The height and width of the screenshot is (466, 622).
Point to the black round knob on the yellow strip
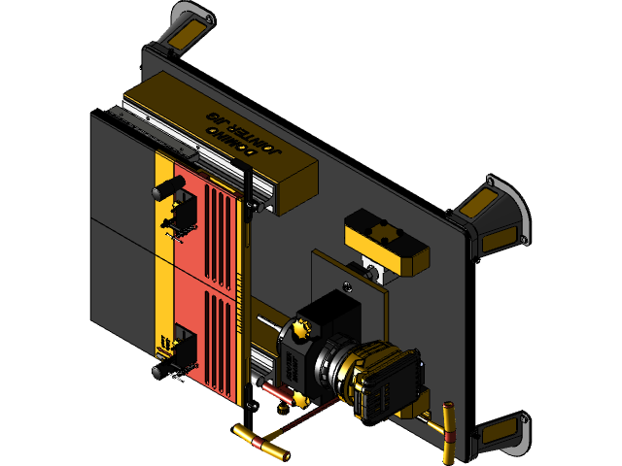(167, 187)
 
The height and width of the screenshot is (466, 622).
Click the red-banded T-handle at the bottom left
(260, 442)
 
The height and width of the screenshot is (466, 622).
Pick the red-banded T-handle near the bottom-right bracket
(447, 428)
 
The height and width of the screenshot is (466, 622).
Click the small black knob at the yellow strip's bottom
(161, 372)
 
